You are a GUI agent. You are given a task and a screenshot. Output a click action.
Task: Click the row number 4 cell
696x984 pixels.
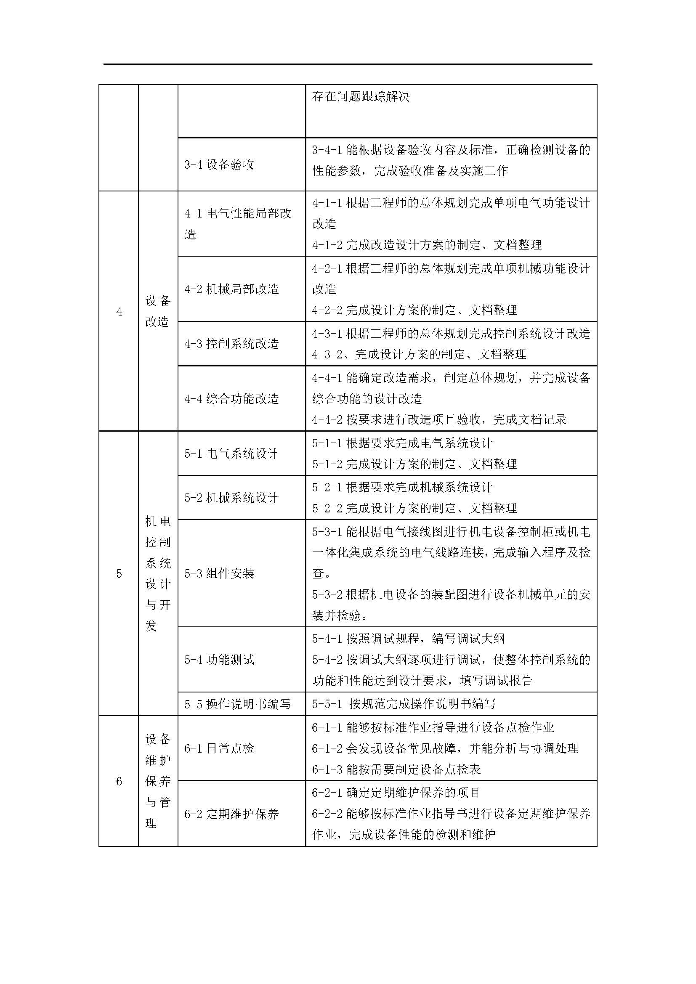pos(119,312)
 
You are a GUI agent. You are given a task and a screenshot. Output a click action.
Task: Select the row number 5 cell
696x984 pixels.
pos(119,573)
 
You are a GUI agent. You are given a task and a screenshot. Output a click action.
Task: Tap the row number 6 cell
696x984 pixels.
pos(119,781)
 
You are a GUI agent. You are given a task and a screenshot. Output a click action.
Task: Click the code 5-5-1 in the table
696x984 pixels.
pos(327,704)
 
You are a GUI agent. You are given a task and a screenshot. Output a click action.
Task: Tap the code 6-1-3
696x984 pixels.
pos(327,769)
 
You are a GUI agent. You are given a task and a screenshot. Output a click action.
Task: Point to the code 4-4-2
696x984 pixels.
pos(327,419)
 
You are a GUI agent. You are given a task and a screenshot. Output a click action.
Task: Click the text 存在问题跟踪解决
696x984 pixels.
pos(361,96)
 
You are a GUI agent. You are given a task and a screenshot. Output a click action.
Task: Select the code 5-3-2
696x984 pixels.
pos(327,595)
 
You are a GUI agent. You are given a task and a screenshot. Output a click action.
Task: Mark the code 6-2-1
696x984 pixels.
pos(327,793)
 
